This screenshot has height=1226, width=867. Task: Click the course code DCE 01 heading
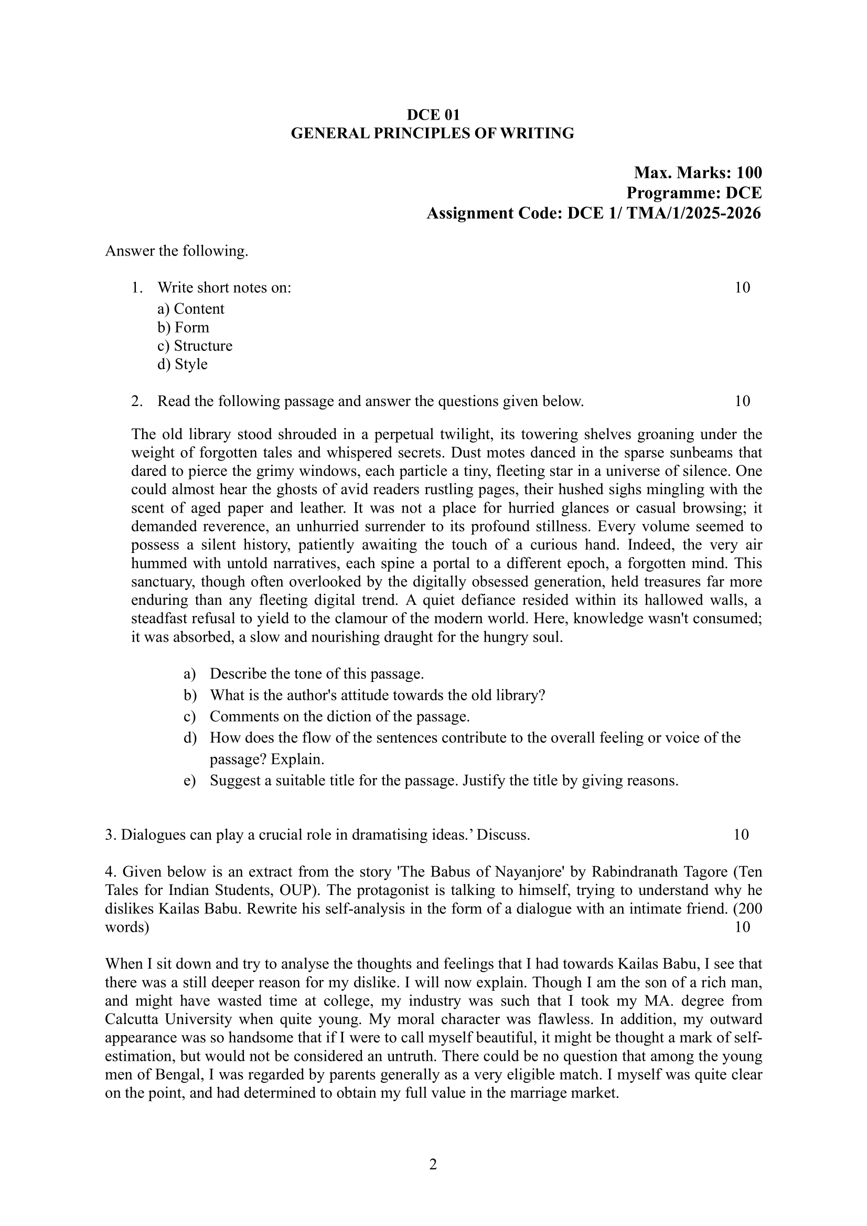433,114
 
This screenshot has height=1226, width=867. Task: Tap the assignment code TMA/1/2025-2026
693,213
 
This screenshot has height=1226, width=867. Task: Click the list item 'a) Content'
191,308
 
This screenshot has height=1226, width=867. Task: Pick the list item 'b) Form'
183,327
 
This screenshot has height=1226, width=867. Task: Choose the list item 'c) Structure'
195,346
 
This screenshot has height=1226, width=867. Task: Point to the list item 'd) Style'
183,364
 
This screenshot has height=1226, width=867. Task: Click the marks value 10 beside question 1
742,288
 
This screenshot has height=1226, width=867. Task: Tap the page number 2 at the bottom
433,1164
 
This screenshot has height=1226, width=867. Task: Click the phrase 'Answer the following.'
177,250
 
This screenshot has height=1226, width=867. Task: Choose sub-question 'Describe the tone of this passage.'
317,674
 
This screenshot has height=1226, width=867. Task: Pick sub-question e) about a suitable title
444,781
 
